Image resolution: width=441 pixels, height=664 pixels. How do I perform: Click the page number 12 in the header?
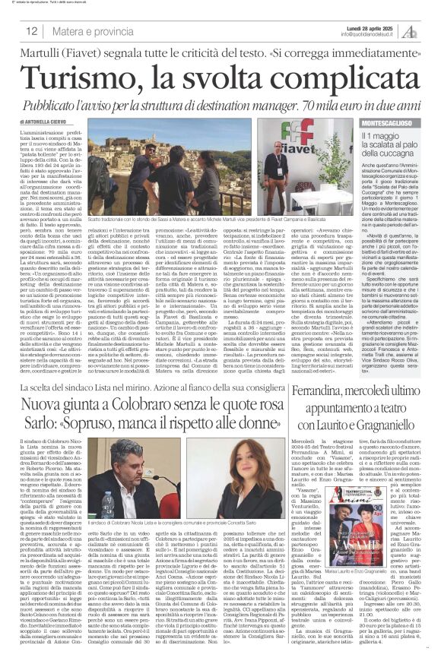coord(32,30)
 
